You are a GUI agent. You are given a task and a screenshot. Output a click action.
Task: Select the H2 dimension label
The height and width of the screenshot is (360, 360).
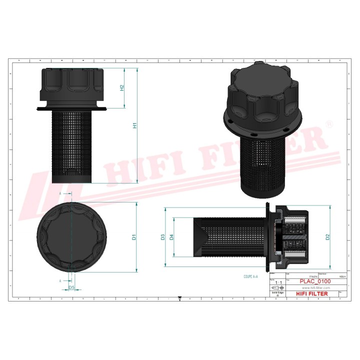(121, 88)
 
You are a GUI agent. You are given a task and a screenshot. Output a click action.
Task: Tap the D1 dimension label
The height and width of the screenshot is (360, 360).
(134, 237)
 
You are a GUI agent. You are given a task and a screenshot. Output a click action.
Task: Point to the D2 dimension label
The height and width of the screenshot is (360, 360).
(327, 237)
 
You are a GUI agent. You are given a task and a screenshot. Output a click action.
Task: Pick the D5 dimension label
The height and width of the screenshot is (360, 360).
(71, 287)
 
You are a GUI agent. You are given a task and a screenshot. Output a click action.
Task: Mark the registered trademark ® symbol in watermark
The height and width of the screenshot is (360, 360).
(329, 123)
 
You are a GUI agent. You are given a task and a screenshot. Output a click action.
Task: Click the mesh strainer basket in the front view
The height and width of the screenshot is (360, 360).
(72, 145)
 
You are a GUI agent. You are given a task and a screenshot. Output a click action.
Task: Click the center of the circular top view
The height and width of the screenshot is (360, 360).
(72, 237)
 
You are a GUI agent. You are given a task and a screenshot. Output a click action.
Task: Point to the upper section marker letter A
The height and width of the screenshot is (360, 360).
(60, 192)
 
